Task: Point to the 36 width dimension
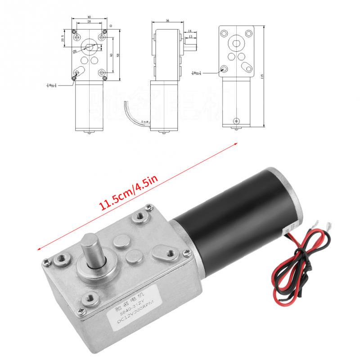coord(167,21)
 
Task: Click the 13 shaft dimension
coord(190,36)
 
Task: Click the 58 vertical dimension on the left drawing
coord(117,54)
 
